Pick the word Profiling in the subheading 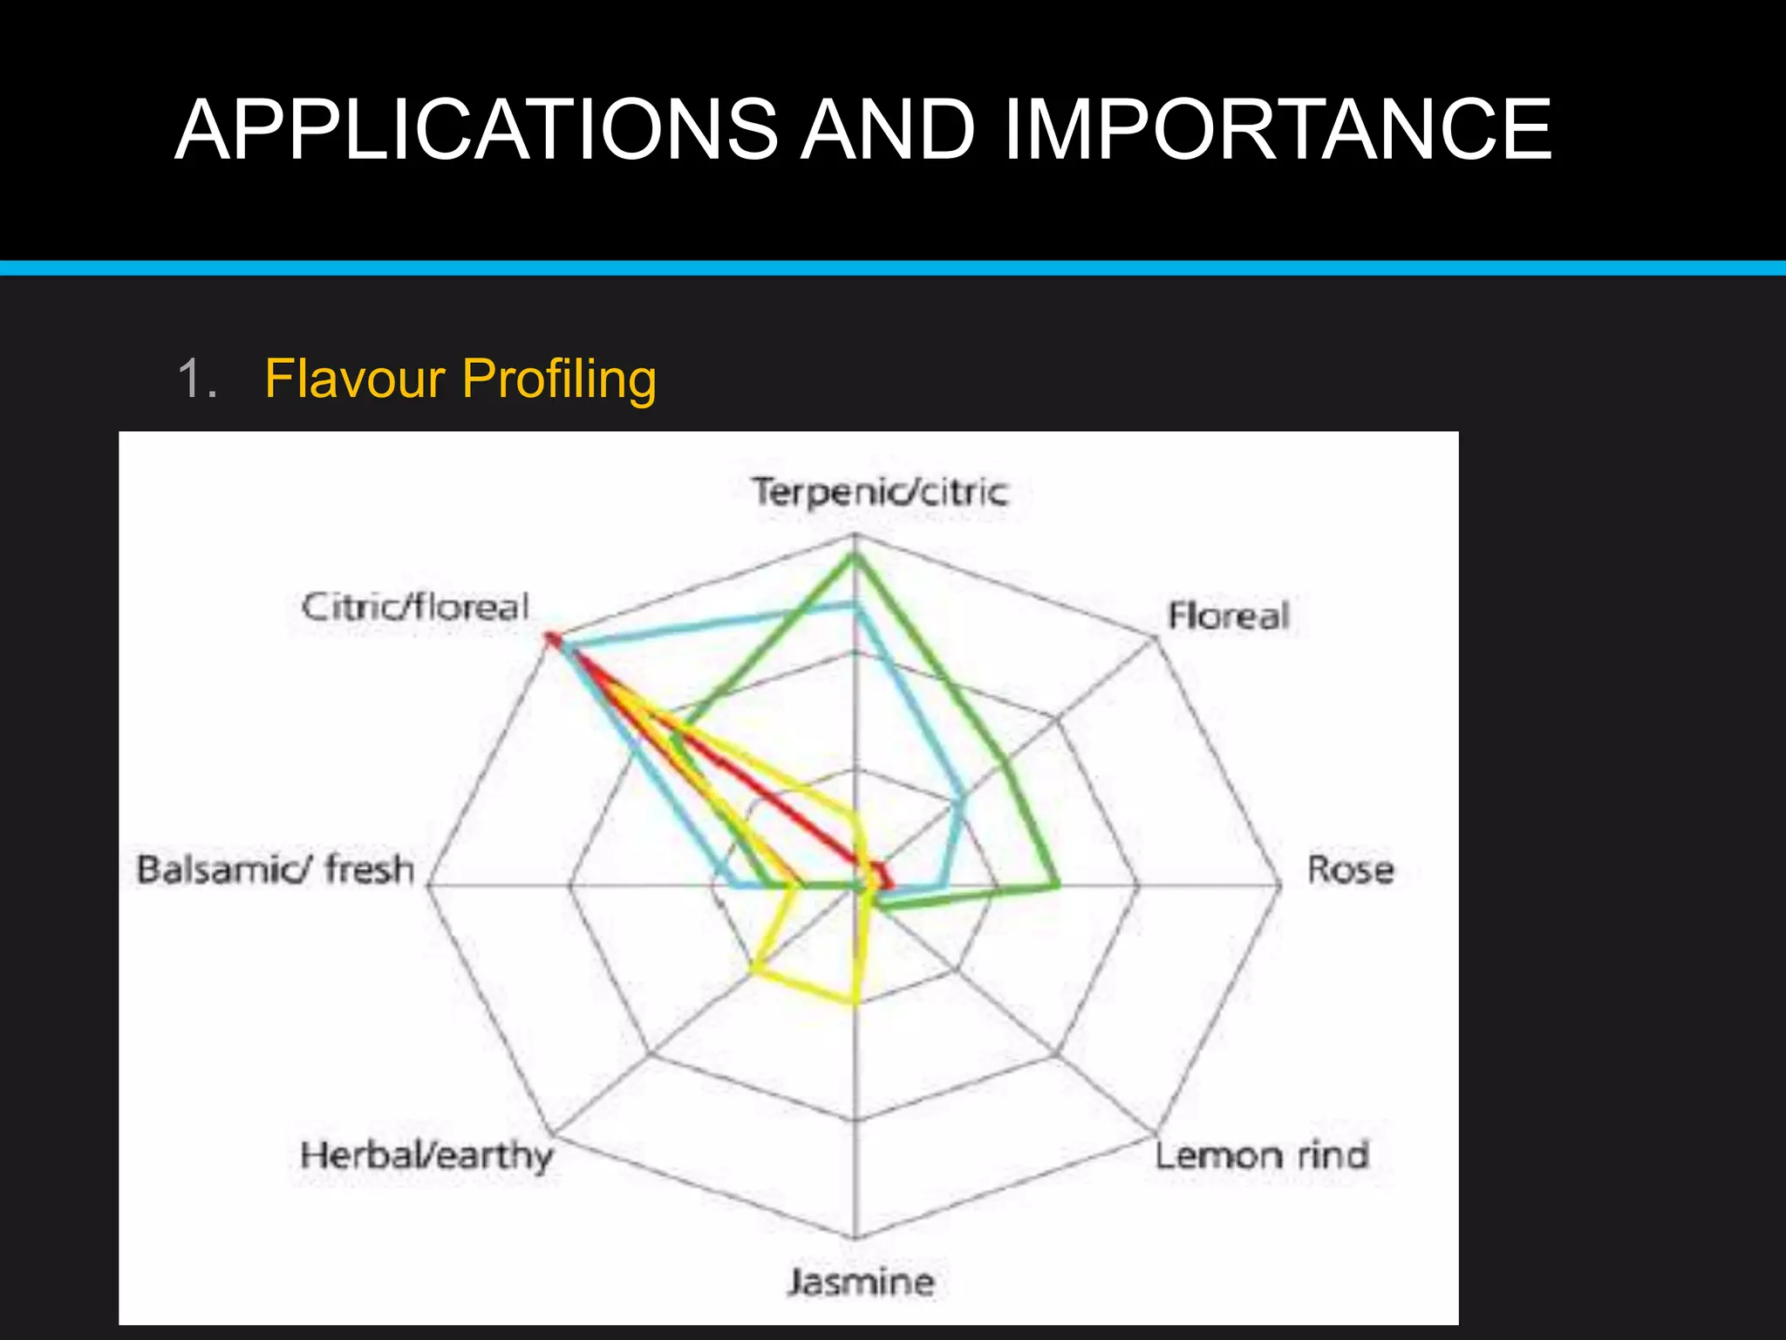559,379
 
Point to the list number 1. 195,380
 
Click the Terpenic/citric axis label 881,492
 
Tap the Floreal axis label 1228,616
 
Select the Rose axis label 1350,870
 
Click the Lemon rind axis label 1261,1155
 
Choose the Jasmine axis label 862,1282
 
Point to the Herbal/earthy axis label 426,1155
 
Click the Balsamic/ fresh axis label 276,870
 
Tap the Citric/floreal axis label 415,606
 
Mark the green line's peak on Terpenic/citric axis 855,557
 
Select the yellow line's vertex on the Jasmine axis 856,1002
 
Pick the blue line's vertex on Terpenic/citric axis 855,605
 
